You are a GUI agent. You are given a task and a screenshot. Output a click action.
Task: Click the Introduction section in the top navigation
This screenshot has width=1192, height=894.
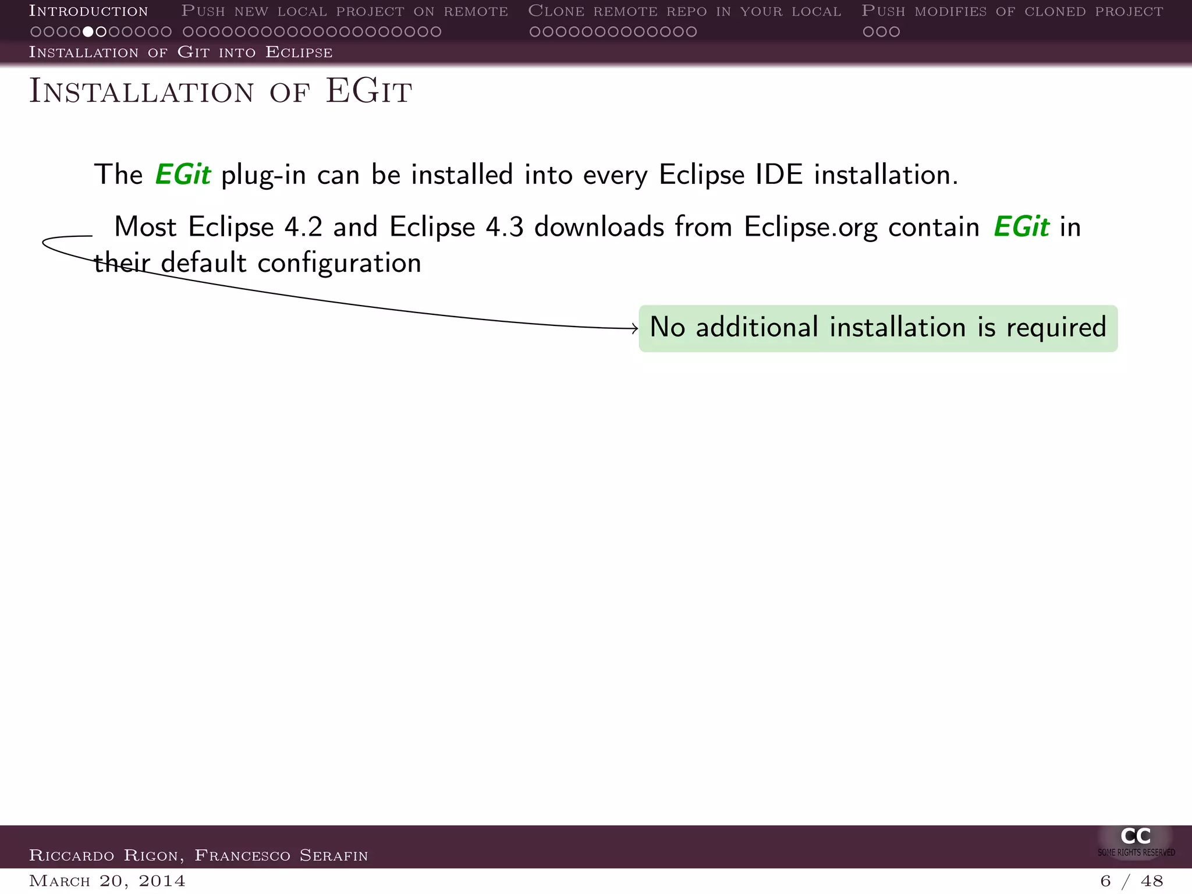(x=88, y=11)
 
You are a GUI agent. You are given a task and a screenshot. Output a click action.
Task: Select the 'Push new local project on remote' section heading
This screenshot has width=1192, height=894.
(x=345, y=11)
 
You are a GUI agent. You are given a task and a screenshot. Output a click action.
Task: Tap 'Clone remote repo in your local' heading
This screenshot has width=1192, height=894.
(x=684, y=11)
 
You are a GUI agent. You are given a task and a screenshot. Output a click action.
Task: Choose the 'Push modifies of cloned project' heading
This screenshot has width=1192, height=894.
(x=1012, y=11)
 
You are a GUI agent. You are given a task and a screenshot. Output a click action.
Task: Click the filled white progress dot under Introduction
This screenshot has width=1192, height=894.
(x=88, y=31)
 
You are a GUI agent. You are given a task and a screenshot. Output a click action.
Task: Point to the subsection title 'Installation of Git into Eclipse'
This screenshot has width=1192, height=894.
(x=180, y=52)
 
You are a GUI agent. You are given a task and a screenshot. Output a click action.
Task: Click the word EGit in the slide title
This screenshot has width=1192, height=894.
(x=369, y=91)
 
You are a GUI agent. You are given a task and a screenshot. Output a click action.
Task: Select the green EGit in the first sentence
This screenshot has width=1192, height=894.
(x=182, y=175)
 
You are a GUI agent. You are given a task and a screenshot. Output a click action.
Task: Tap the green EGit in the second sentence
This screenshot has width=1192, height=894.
(x=1021, y=227)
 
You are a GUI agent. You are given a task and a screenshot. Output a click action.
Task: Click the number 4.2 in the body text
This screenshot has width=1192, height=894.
(x=303, y=227)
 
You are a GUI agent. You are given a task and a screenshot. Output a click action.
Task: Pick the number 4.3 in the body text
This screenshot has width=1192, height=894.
(x=504, y=227)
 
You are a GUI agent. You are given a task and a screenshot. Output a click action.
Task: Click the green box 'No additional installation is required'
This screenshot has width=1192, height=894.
(x=878, y=328)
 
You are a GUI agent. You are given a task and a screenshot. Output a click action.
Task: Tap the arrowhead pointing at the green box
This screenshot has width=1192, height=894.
(x=635, y=329)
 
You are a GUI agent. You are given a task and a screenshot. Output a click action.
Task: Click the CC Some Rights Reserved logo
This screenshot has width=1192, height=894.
(x=1136, y=841)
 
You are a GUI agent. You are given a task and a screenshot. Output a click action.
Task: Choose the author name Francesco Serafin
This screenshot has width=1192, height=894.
(x=281, y=856)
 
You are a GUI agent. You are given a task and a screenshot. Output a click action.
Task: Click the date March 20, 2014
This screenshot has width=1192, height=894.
(x=107, y=881)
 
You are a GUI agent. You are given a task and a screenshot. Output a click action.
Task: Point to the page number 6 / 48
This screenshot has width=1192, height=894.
(x=1131, y=881)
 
